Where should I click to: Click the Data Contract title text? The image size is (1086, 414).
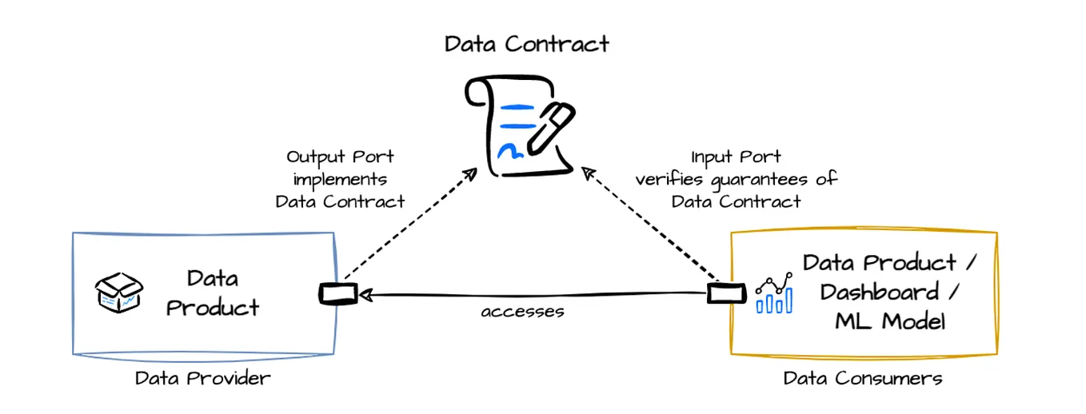(x=527, y=43)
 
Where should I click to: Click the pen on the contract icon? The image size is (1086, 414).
(x=547, y=129)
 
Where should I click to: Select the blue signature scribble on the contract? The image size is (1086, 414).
(x=509, y=149)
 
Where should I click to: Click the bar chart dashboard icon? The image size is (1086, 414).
(x=773, y=293)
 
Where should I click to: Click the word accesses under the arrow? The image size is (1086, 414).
(x=522, y=312)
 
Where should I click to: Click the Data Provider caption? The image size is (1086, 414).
(x=202, y=378)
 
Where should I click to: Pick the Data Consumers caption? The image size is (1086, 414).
(x=863, y=378)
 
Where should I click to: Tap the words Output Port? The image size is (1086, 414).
(x=340, y=157)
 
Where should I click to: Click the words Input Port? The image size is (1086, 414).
(x=736, y=157)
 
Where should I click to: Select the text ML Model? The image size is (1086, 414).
(x=890, y=321)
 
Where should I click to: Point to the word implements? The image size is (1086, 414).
(x=340, y=179)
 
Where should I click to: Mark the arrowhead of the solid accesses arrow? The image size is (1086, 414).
(x=365, y=295)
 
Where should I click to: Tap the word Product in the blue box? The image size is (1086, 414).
(x=213, y=307)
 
